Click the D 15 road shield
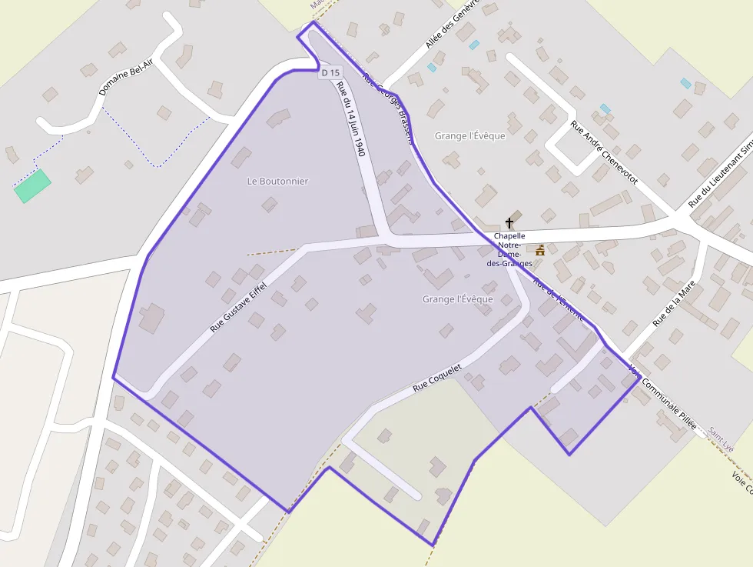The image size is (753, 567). point(330,72)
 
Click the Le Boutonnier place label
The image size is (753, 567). point(277,182)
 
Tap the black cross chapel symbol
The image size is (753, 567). point(509,223)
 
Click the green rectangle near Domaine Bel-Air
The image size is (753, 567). point(32,186)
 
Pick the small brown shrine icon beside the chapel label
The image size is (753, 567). point(540,250)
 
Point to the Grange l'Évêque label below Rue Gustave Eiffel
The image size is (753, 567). point(458,299)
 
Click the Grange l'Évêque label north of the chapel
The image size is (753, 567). point(470,136)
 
